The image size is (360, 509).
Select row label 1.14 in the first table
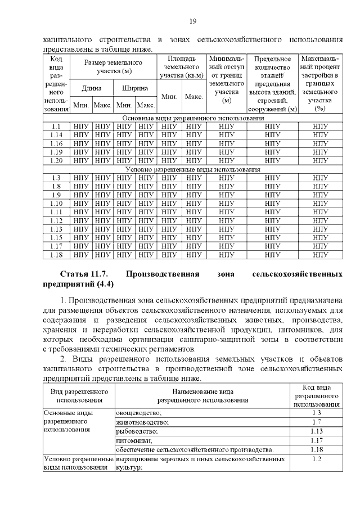[56, 135]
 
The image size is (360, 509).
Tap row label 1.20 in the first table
[56, 160]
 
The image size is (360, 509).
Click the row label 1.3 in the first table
[56, 178]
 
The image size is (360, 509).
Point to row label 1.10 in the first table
[56, 203]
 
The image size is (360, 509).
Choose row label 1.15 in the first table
[56, 237]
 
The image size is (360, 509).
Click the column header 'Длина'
[91, 88]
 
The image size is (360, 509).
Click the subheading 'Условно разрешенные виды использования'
[193, 169]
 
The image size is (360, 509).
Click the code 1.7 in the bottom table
[316, 422]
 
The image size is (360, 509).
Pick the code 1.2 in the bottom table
[316, 459]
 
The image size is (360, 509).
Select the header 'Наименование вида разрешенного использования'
[202, 395]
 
